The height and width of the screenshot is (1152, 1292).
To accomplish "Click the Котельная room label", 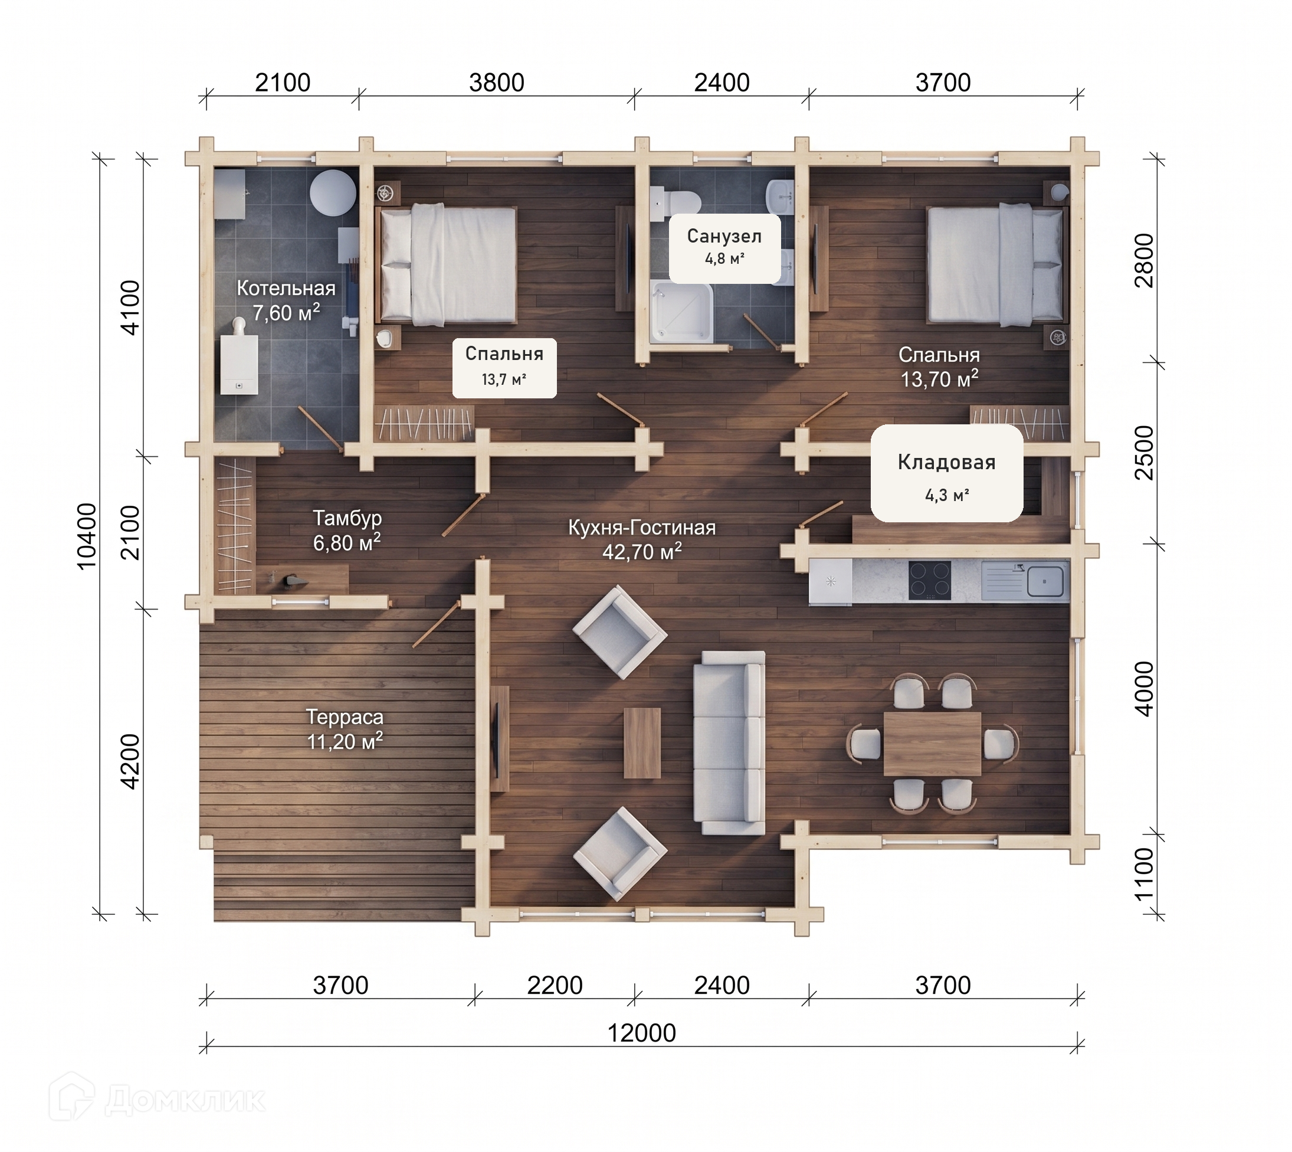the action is [286, 300].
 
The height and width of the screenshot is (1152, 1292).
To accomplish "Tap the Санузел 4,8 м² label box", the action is [724, 248].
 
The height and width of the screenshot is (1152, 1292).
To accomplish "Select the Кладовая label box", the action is [946, 473].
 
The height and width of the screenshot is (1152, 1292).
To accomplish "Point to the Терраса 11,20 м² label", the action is [345, 729].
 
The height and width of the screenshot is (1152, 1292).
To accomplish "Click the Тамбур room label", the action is [347, 531].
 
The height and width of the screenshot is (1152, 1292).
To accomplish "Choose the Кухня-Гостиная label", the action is [641, 539].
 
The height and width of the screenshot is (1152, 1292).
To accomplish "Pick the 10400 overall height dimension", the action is [87, 536].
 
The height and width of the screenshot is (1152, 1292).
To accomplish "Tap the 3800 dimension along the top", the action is [497, 82].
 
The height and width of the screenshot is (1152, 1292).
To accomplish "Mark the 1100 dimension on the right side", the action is [1145, 873].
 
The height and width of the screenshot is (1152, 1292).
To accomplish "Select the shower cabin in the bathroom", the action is [681, 313].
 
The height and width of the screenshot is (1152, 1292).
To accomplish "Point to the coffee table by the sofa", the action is [642, 743].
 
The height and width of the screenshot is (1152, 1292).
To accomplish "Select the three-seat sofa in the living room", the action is [729, 743].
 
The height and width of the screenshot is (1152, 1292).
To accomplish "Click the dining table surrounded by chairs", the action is [932, 744].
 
